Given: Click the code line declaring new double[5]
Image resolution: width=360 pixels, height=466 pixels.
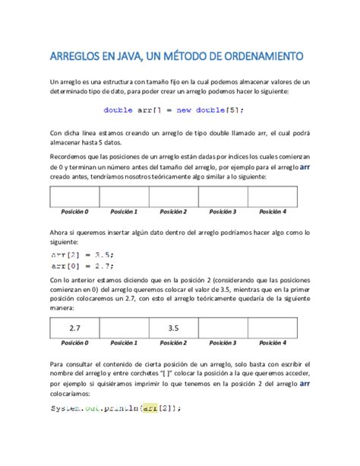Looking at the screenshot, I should pyautogui.click(x=174, y=109).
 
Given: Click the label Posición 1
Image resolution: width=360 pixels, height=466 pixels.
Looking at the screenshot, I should pyautogui.click(x=123, y=212).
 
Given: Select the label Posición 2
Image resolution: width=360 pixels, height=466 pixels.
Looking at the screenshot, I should pyautogui.click(x=173, y=212).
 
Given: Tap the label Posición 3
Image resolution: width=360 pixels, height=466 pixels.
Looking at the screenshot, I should pyautogui.click(x=223, y=212).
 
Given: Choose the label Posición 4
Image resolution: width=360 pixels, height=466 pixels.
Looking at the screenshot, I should pyautogui.click(x=272, y=212).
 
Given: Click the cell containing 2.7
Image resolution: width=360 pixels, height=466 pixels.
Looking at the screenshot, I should pyautogui.click(x=74, y=328).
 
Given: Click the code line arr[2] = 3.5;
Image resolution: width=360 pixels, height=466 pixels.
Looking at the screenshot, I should pyautogui.click(x=77, y=255).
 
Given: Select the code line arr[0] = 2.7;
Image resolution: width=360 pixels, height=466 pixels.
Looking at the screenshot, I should pyautogui.click(x=77, y=266).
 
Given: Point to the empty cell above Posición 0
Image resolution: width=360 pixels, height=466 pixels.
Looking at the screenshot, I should pyautogui.click(x=74, y=196).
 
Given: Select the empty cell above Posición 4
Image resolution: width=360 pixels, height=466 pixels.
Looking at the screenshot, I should pyautogui.click(x=272, y=196).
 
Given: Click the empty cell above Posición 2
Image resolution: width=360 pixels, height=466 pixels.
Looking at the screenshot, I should pyautogui.click(x=173, y=196).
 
